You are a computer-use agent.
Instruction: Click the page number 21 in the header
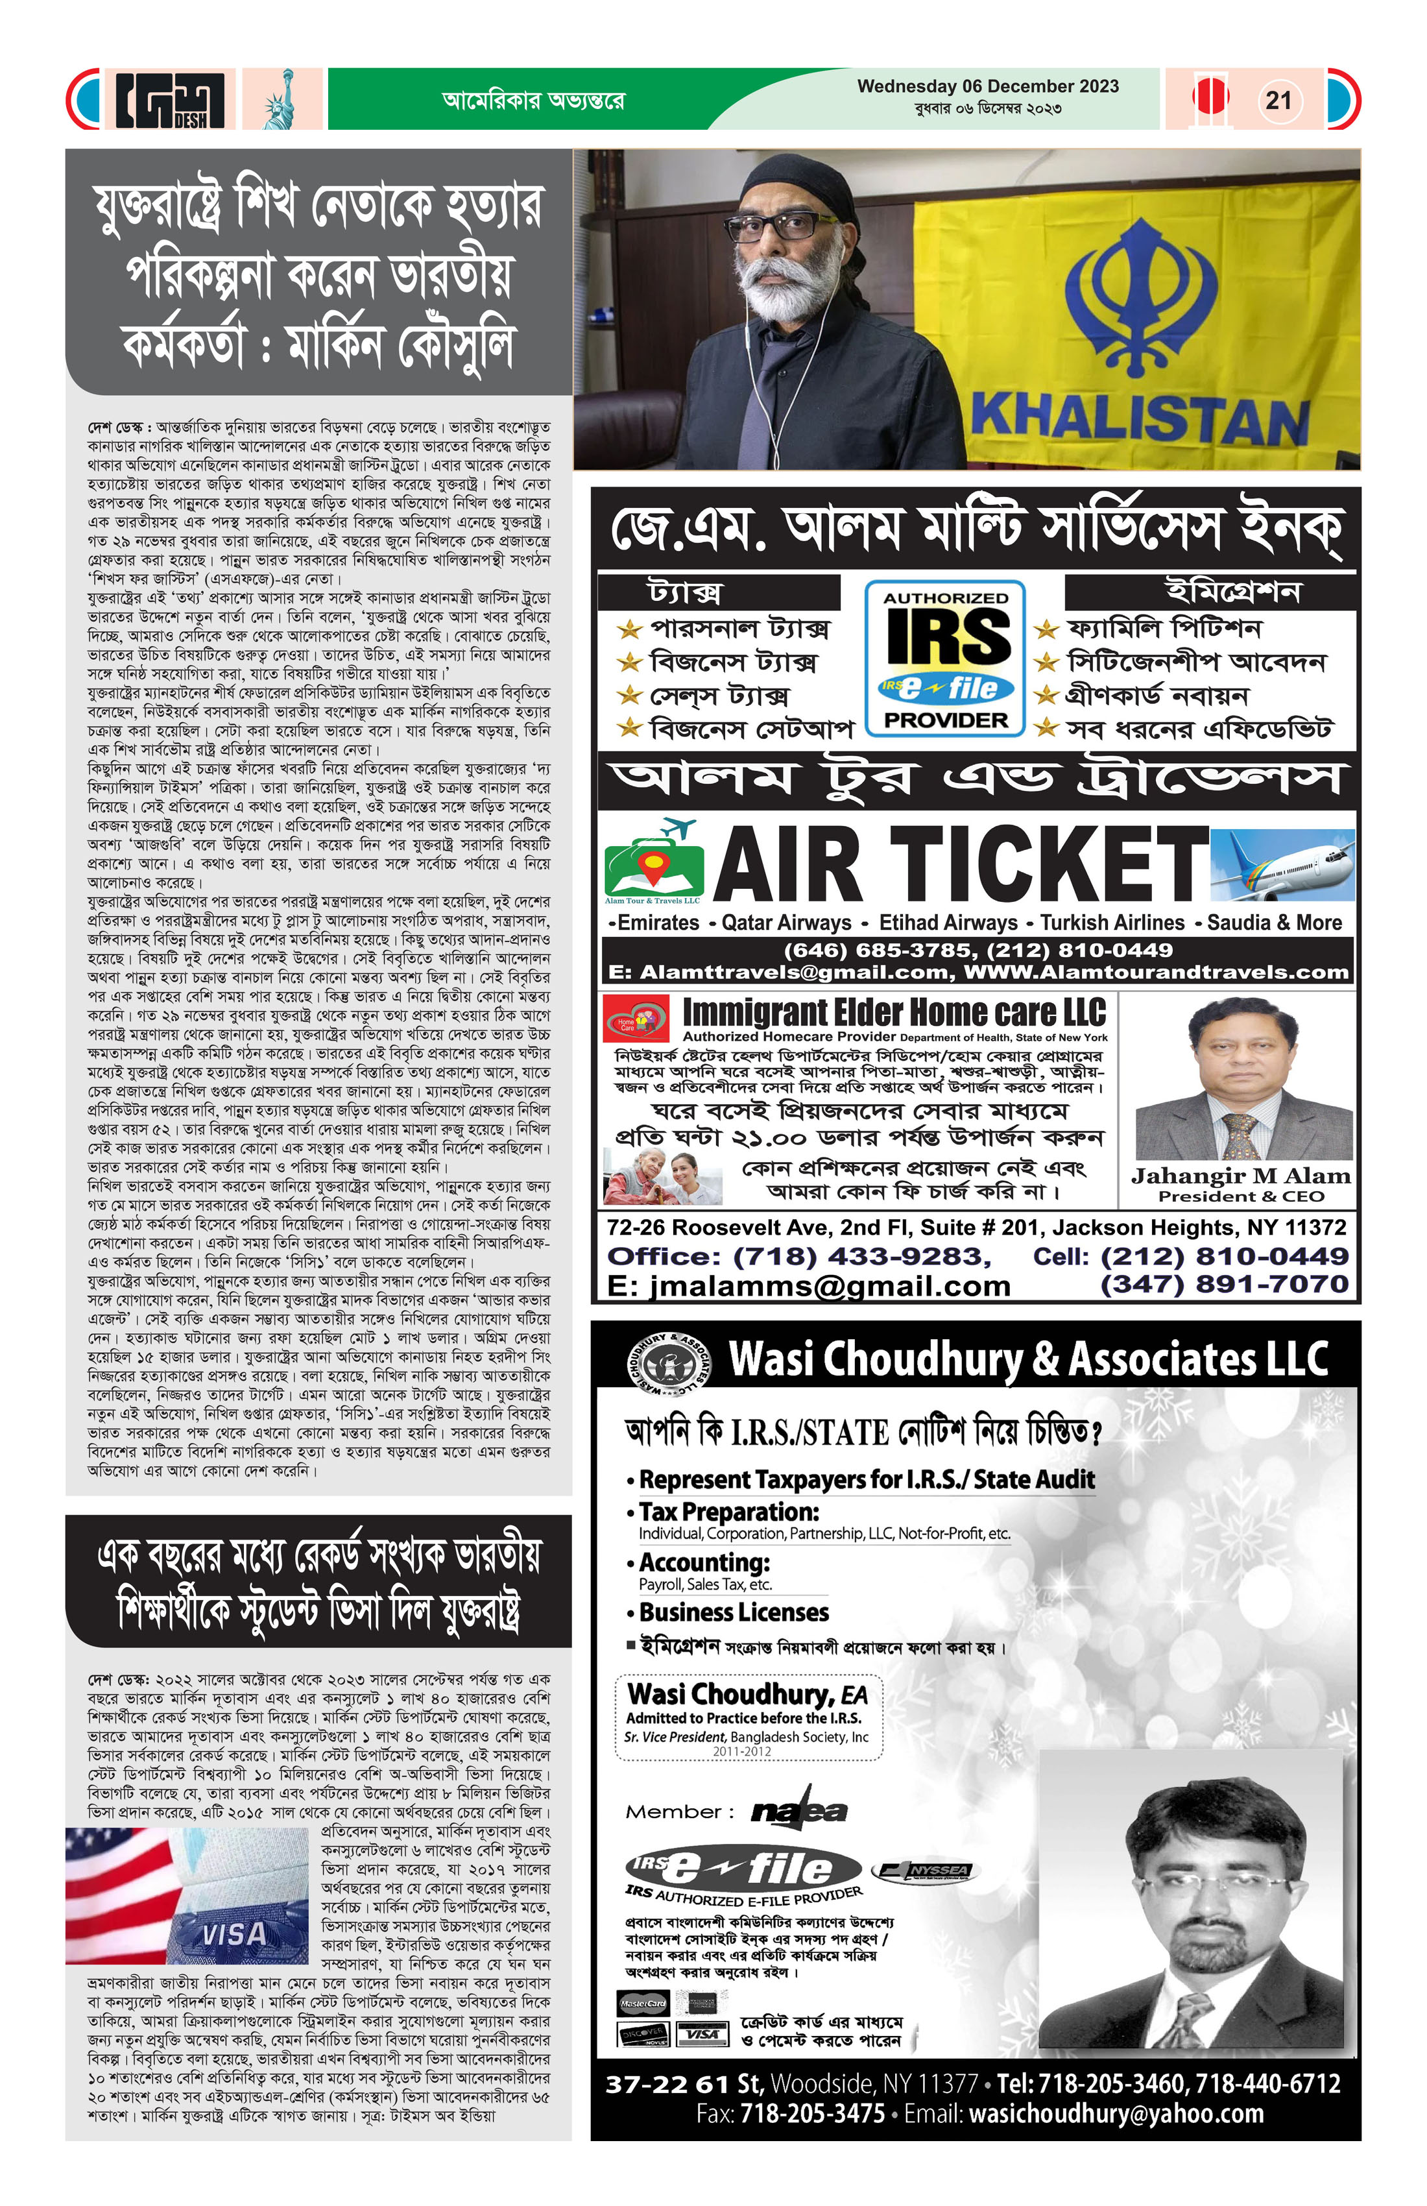pyautogui.click(x=1278, y=100)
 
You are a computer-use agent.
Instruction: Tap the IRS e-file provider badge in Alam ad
pyautogui.click(x=945, y=658)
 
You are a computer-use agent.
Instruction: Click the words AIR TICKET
pyautogui.click(x=959, y=864)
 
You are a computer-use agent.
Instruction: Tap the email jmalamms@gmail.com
pyautogui.click(x=808, y=1287)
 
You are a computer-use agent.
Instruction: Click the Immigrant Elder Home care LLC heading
pyautogui.click(x=894, y=1012)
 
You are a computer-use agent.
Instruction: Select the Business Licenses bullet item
pyautogui.click(x=734, y=1613)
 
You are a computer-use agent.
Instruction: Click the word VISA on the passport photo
pyautogui.click(x=234, y=1934)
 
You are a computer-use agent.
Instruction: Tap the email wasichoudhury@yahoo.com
pyautogui.click(x=1116, y=2115)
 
